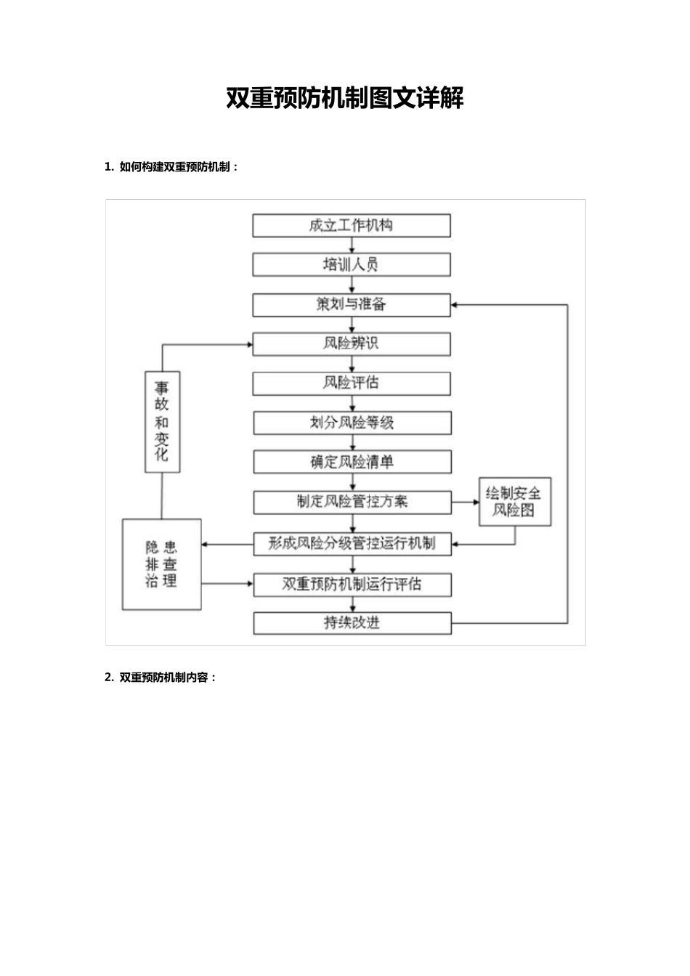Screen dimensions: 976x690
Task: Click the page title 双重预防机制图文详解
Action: (x=344, y=99)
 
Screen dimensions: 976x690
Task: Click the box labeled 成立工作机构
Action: (x=352, y=226)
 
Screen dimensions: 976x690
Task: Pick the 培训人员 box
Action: (x=352, y=265)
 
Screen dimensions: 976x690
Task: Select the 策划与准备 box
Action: (x=352, y=305)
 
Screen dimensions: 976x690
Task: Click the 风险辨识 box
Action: (x=352, y=344)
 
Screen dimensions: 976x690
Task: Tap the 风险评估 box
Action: (x=352, y=383)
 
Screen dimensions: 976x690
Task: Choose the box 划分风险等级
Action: (x=352, y=423)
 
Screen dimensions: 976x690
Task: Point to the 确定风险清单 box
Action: (x=352, y=463)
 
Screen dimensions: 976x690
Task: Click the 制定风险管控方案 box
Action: (x=352, y=502)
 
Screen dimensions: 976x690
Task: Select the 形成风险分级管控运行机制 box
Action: (x=352, y=544)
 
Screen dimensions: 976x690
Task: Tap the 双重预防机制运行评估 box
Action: (x=352, y=585)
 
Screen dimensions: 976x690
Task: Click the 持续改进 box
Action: (x=352, y=623)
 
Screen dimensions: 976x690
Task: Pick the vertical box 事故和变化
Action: (x=162, y=422)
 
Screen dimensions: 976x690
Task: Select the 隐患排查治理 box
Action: (x=161, y=564)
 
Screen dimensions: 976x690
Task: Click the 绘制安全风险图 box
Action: (x=514, y=502)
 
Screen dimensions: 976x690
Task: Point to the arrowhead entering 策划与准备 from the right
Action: (x=455, y=305)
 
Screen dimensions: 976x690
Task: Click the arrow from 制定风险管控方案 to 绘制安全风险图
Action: (x=465, y=502)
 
